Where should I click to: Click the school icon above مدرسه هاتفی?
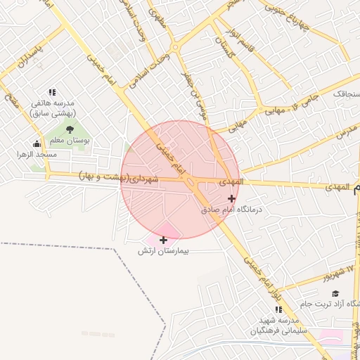(x=52, y=91)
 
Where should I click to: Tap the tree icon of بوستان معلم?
(x=69, y=129)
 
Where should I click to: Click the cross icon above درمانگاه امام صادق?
(x=232, y=198)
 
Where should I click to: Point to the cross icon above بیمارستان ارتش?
(x=164, y=240)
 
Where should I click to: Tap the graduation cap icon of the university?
(x=335, y=293)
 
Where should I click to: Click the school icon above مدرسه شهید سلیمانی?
(x=278, y=309)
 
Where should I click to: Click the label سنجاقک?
(x=345, y=93)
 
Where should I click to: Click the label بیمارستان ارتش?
(x=164, y=251)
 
